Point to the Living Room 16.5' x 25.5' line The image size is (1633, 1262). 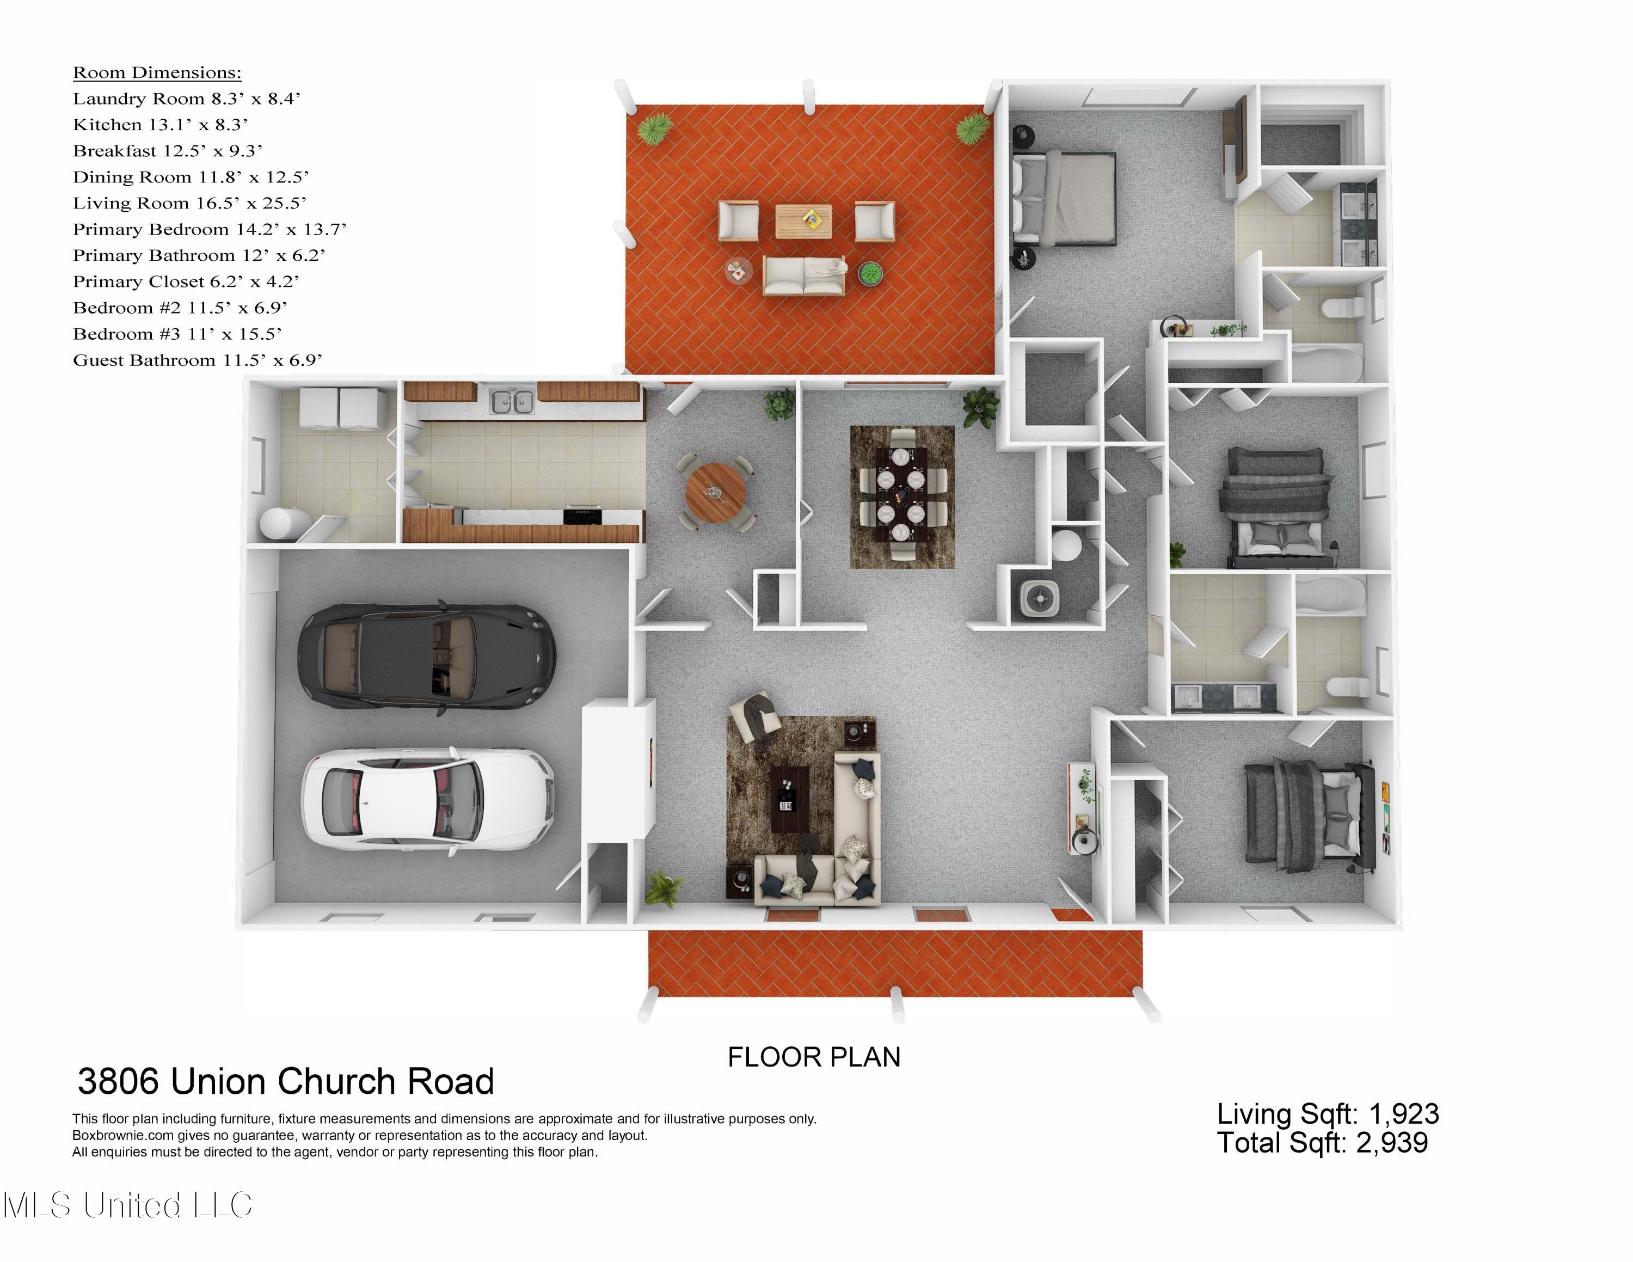[x=189, y=204]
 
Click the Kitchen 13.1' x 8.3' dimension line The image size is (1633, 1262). [x=160, y=125]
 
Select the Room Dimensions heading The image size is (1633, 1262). [x=157, y=72]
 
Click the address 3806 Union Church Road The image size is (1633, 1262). [x=286, y=1081]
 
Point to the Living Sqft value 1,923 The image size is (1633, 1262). [x=1403, y=1114]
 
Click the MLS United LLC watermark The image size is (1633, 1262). [x=127, y=1205]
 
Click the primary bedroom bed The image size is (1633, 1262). [x=1065, y=198]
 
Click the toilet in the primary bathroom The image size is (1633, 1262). [x=1343, y=308]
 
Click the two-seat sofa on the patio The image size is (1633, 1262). [x=804, y=275]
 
